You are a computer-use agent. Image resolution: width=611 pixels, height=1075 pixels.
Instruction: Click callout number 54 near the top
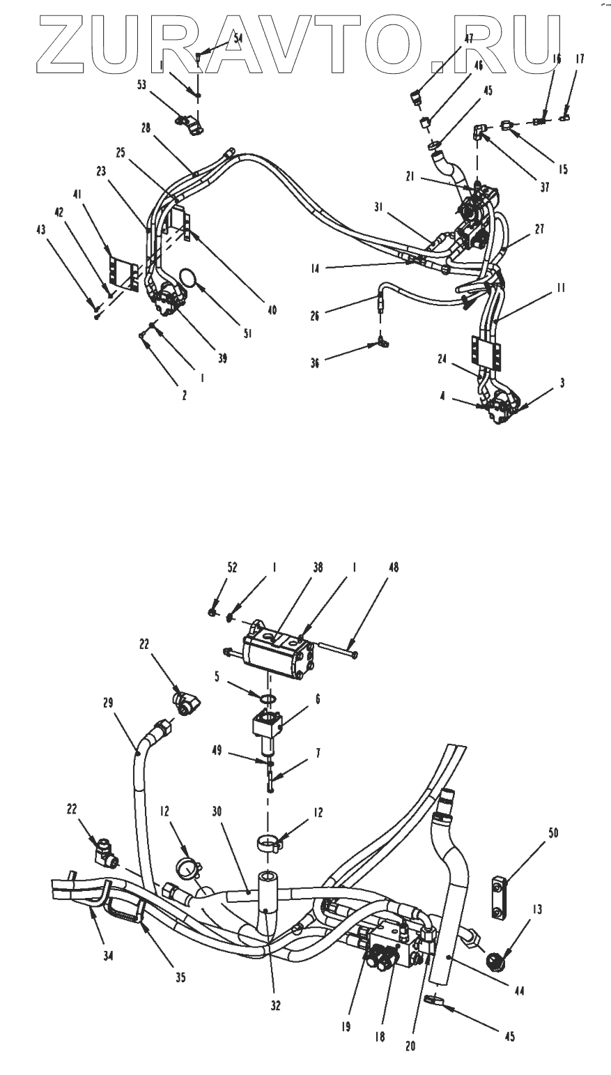238,39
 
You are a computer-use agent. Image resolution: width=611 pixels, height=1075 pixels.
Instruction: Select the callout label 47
468,40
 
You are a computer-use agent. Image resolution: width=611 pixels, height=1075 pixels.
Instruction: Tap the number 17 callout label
580,60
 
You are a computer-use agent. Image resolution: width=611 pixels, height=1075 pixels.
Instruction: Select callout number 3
562,383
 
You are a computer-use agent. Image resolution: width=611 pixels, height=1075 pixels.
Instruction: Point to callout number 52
232,568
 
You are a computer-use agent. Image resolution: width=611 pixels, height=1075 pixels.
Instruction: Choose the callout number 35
180,977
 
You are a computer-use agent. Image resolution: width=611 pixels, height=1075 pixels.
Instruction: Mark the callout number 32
276,1005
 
